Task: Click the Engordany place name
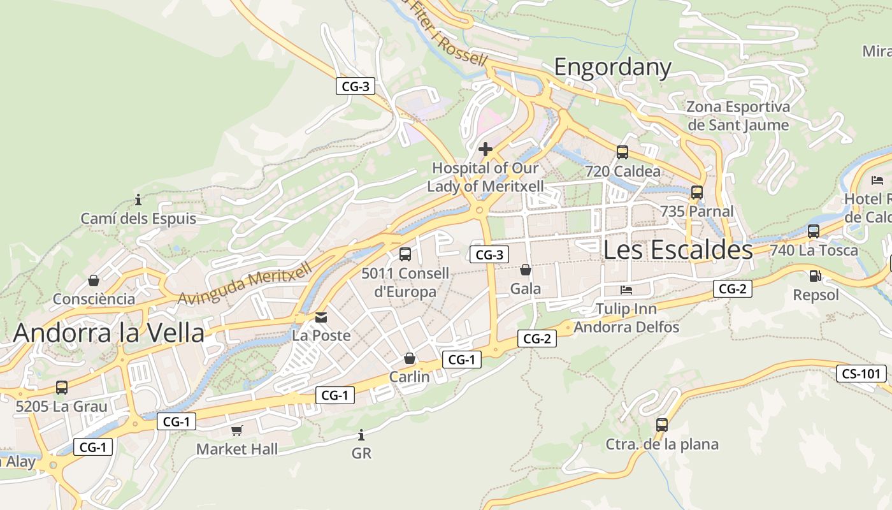tap(612, 67)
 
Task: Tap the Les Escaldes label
tap(678, 250)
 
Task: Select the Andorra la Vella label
tap(109, 333)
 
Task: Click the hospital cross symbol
tap(486, 150)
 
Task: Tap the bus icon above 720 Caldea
tap(622, 152)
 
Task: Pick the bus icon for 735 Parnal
tap(697, 192)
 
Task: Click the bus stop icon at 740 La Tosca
tap(814, 231)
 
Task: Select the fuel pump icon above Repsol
tap(815, 276)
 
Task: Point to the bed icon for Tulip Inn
tap(626, 290)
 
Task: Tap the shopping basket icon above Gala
tap(526, 270)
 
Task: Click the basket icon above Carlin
tap(410, 358)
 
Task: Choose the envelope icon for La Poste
tap(321, 317)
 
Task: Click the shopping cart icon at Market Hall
tap(237, 430)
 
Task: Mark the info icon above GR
tap(361, 435)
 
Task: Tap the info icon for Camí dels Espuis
tap(138, 200)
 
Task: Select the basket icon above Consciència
tap(94, 280)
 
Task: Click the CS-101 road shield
tap(861, 374)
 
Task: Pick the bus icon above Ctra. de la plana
tap(662, 425)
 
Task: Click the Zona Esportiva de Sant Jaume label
tap(738, 115)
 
